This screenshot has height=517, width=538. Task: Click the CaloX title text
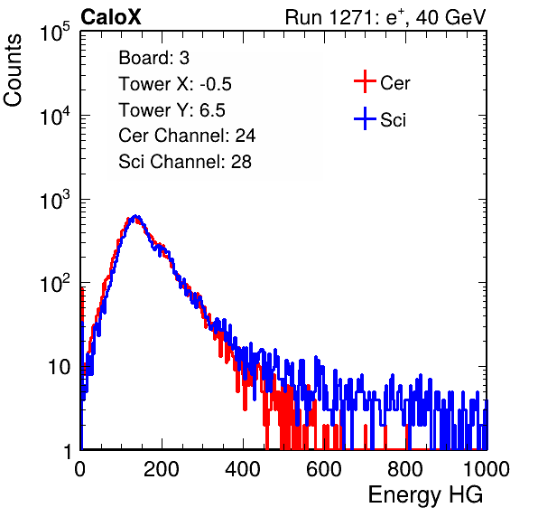tap(111, 17)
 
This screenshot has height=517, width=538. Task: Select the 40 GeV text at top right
tap(450, 17)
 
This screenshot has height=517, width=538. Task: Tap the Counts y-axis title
tap(13, 70)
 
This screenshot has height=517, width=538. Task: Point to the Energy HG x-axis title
tap(425, 495)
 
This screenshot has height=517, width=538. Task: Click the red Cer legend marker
tap(365, 81)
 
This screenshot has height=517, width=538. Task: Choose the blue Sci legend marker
tap(365, 119)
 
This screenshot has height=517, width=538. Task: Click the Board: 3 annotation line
tap(153, 58)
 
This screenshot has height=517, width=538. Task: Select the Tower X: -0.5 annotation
tap(175, 84)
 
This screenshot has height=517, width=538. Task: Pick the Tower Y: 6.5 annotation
tap(172, 110)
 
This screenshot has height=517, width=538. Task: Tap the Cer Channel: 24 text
tap(187, 136)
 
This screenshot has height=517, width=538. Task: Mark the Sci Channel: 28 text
tap(185, 162)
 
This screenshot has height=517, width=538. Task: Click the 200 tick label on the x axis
tap(162, 469)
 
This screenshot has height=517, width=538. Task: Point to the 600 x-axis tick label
tap(324, 469)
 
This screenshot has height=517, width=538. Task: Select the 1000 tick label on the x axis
tap(487, 469)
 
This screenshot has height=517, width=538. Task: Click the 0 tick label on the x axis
tap(80, 469)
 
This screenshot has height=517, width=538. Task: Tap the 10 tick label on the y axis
tap(60, 367)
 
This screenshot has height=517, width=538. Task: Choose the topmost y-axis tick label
tap(55, 32)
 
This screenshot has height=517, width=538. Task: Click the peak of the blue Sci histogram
tap(136, 216)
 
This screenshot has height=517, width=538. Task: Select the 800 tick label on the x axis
tap(405, 469)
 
